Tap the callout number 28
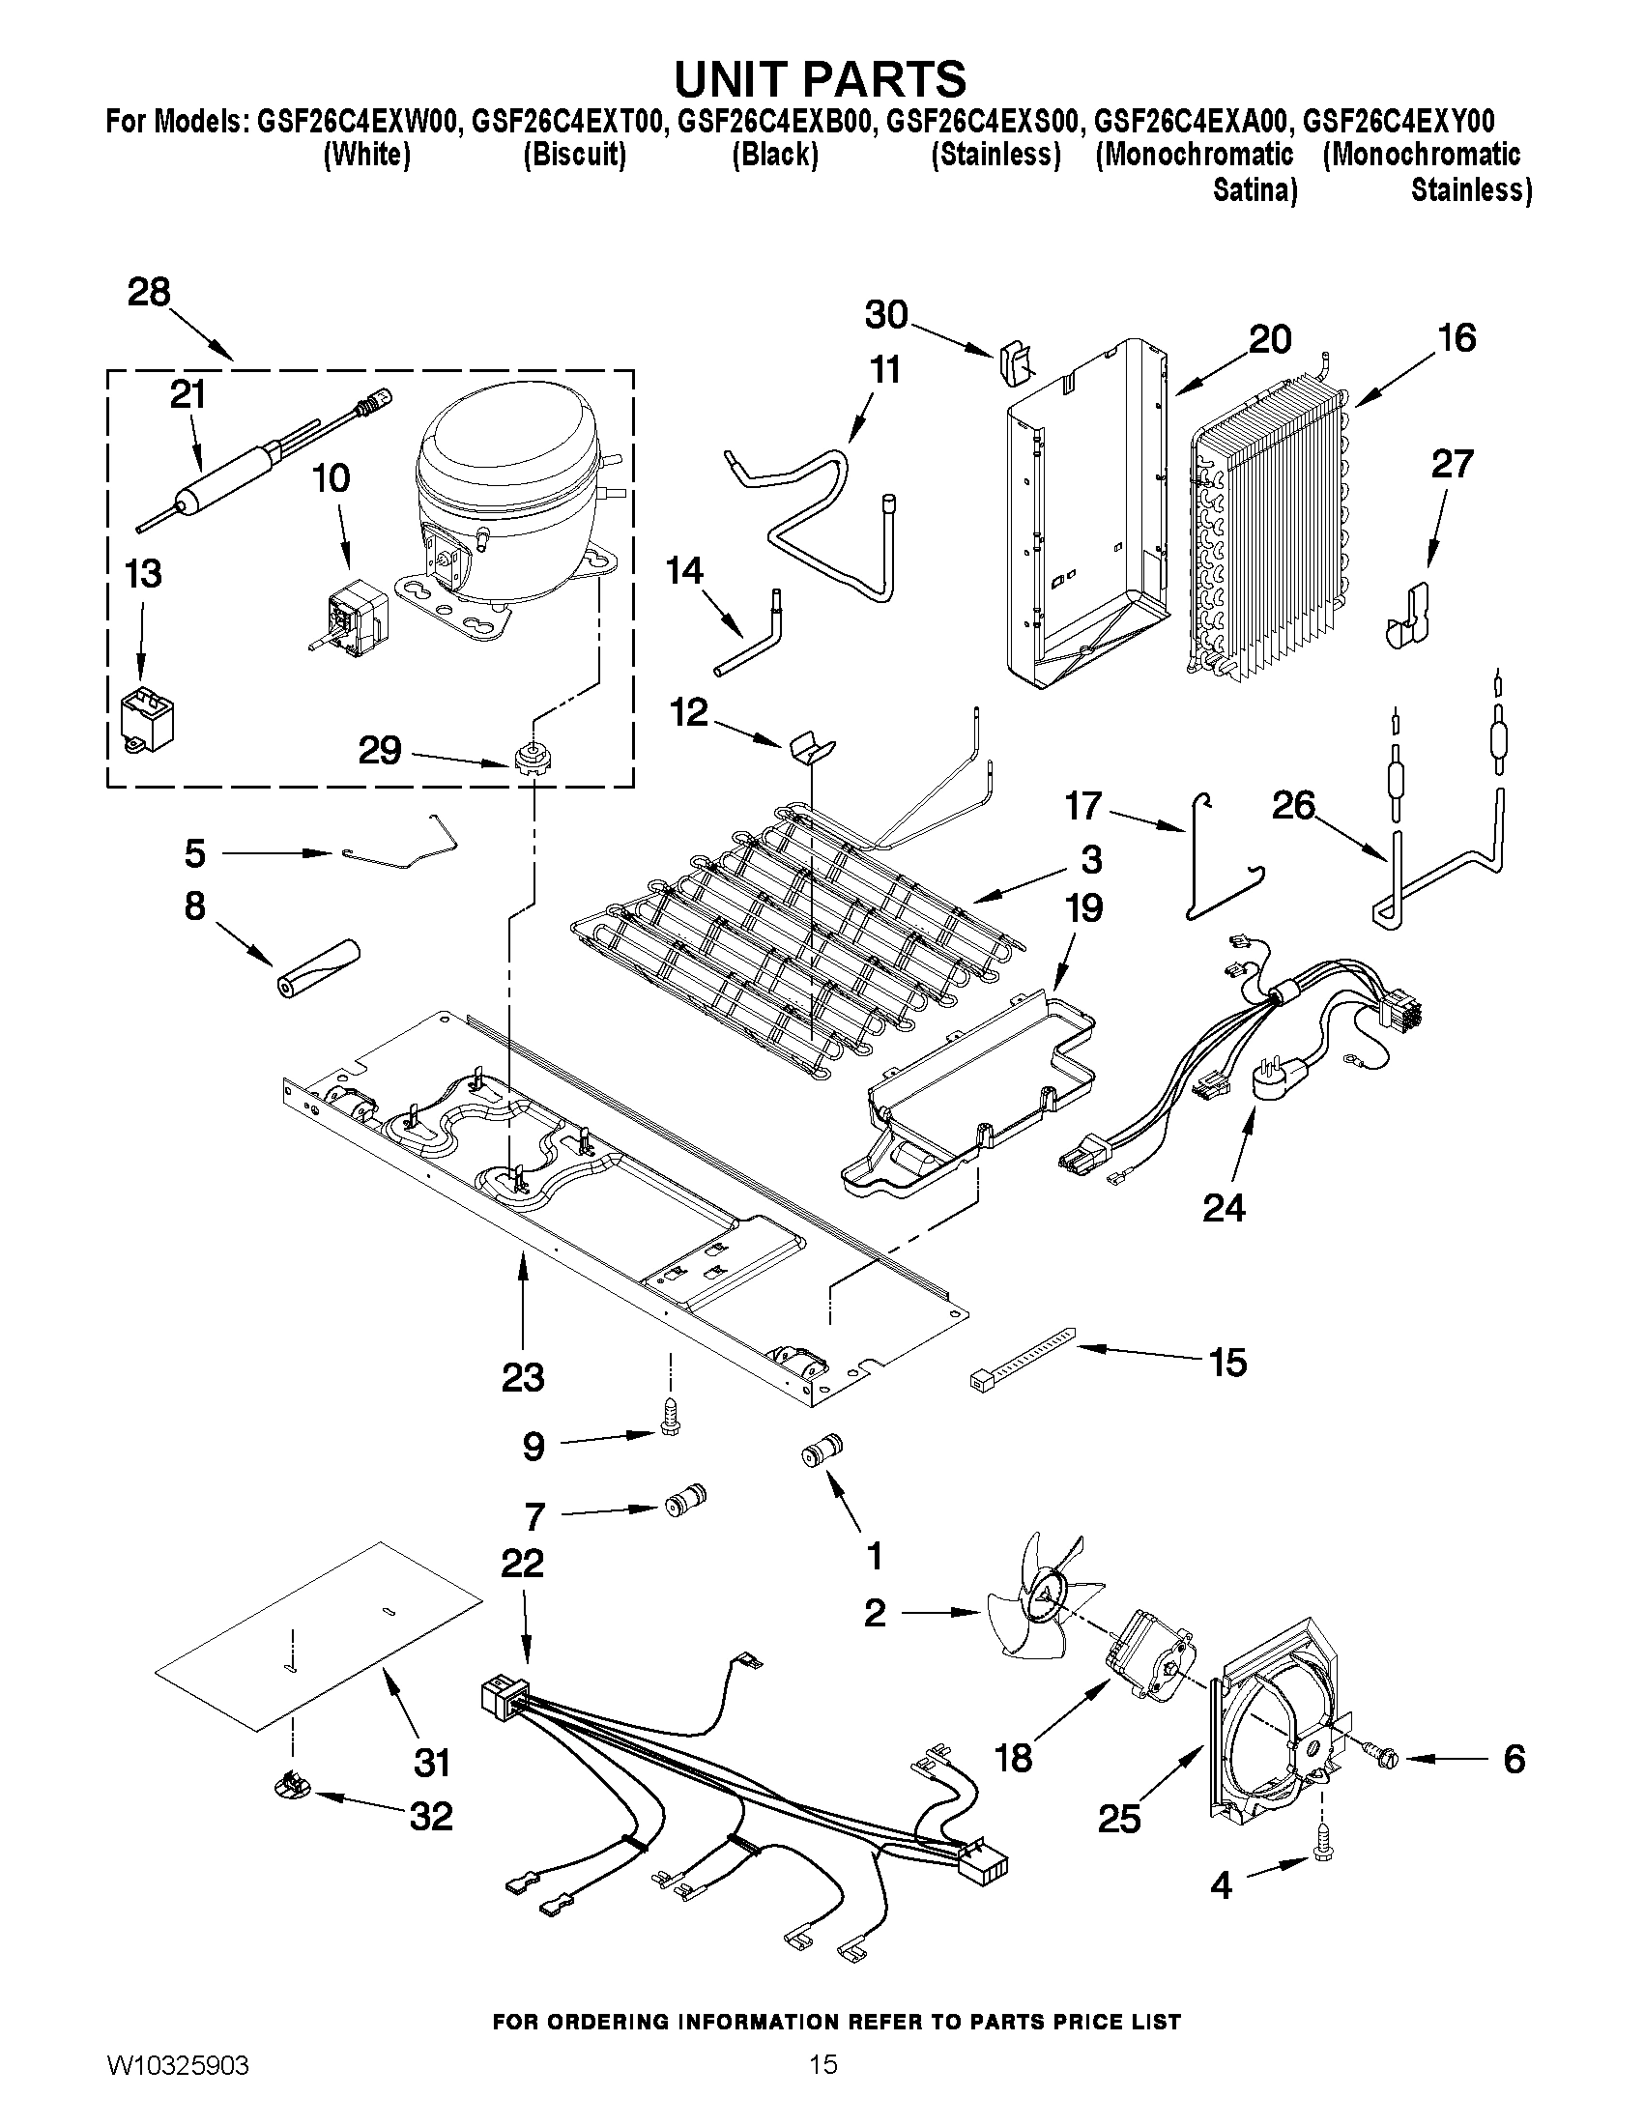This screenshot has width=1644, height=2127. pyautogui.click(x=149, y=291)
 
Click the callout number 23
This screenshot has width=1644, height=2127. pyautogui.click(x=523, y=1378)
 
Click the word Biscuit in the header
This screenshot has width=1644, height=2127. pyautogui.click(x=574, y=155)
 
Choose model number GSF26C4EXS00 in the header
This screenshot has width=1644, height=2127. pyautogui.click(x=984, y=122)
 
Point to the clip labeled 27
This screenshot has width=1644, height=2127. pyautogui.click(x=1406, y=618)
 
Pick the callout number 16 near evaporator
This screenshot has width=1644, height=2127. pyautogui.click(x=1457, y=338)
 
